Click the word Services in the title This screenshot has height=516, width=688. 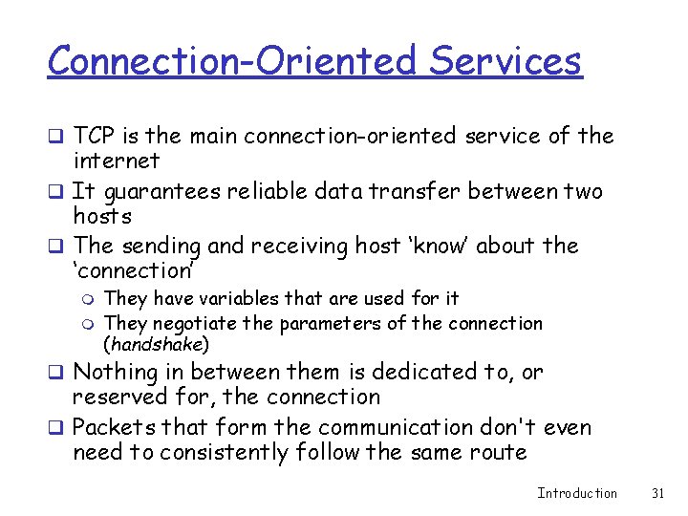505,61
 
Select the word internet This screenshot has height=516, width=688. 116,161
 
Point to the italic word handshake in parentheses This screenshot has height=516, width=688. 156,344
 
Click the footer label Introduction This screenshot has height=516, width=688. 577,493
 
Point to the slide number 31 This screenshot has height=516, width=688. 656,493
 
